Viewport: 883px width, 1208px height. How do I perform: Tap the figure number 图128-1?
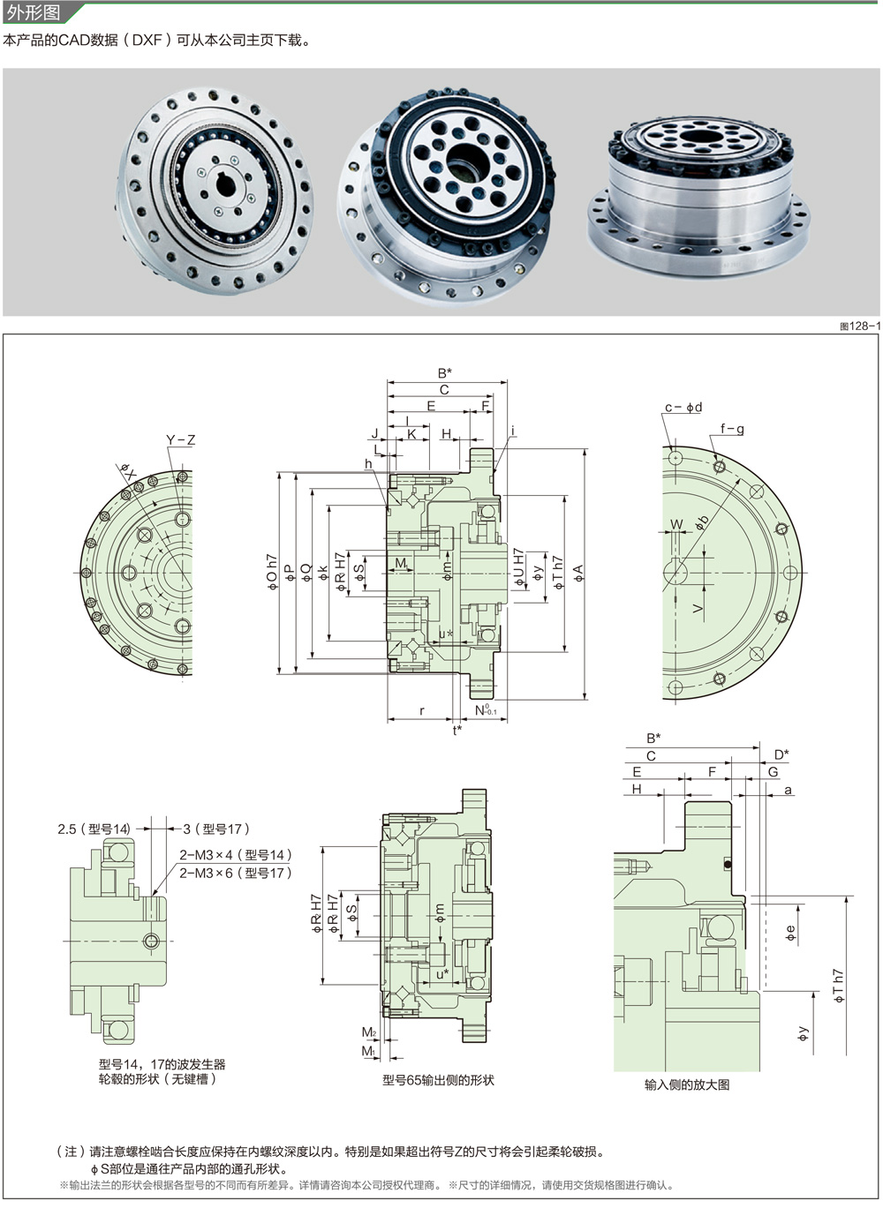click(x=860, y=326)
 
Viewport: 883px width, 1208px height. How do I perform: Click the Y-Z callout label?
click(x=181, y=440)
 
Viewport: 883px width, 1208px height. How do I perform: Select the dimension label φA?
click(x=578, y=573)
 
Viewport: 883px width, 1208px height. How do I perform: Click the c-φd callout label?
click(x=683, y=407)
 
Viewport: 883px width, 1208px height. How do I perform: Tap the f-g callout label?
click(x=732, y=430)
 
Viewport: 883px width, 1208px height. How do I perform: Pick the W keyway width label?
click(x=677, y=525)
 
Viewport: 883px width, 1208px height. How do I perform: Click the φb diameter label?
click(x=702, y=521)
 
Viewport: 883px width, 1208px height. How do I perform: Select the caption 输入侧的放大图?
click(x=687, y=1084)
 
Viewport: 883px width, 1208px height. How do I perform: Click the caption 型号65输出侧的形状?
click(x=438, y=1080)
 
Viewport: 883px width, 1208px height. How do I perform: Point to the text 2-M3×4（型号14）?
click(x=235, y=855)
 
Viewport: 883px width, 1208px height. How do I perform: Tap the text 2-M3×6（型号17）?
click(x=235, y=873)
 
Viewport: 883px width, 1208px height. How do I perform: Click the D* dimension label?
click(x=781, y=754)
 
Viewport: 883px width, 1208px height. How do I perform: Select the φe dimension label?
click(x=791, y=931)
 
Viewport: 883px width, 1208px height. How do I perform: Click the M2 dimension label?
click(x=368, y=1032)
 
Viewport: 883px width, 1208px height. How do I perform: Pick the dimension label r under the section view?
click(x=422, y=710)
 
